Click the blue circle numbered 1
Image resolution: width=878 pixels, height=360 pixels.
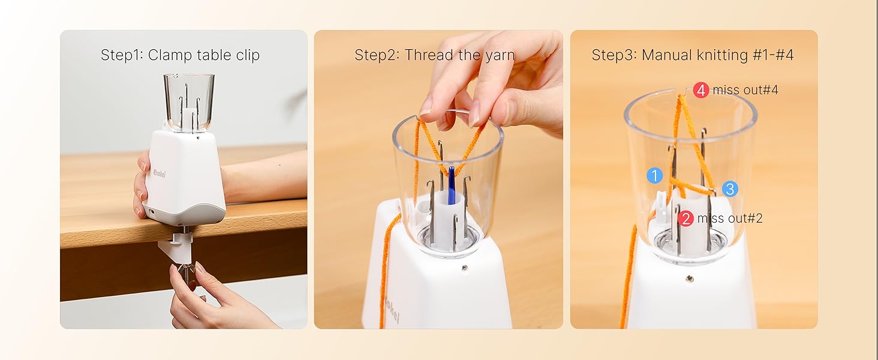click(654, 176)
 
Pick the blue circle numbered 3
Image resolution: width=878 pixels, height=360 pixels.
click(729, 189)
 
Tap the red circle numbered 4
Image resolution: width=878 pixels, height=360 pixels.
click(701, 91)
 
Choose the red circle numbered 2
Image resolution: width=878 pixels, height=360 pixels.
click(686, 218)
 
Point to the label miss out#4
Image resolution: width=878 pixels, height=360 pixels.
click(745, 91)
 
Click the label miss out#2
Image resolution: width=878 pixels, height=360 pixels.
click(730, 218)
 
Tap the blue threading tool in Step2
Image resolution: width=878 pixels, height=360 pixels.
click(451, 186)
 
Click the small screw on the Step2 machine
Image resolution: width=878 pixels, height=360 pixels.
click(464, 268)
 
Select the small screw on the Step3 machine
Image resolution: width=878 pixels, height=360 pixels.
click(690, 278)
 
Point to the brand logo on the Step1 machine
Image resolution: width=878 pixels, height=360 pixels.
click(158, 174)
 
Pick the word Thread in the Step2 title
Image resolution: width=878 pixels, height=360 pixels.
click(425, 56)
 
